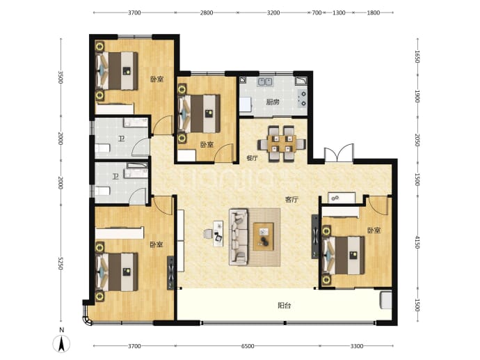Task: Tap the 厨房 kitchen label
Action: (273, 102)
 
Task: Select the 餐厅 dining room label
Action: (253, 158)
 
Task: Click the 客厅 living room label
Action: (291, 200)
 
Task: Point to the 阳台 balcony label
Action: (285, 306)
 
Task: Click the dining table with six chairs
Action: (282, 143)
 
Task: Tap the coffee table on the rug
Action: (263, 237)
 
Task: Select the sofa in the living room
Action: (239, 237)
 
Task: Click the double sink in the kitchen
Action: (266, 81)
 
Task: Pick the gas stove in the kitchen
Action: (303, 98)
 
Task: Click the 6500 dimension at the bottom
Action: (248, 346)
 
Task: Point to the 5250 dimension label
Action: (61, 263)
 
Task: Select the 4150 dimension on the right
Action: (417, 242)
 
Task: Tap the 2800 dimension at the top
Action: (207, 13)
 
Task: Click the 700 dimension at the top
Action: (317, 13)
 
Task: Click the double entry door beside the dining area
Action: (339, 153)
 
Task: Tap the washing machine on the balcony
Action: (385, 300)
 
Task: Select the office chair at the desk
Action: (207, 234)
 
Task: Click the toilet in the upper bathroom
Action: (102, 148)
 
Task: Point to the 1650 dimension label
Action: (417, 56)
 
